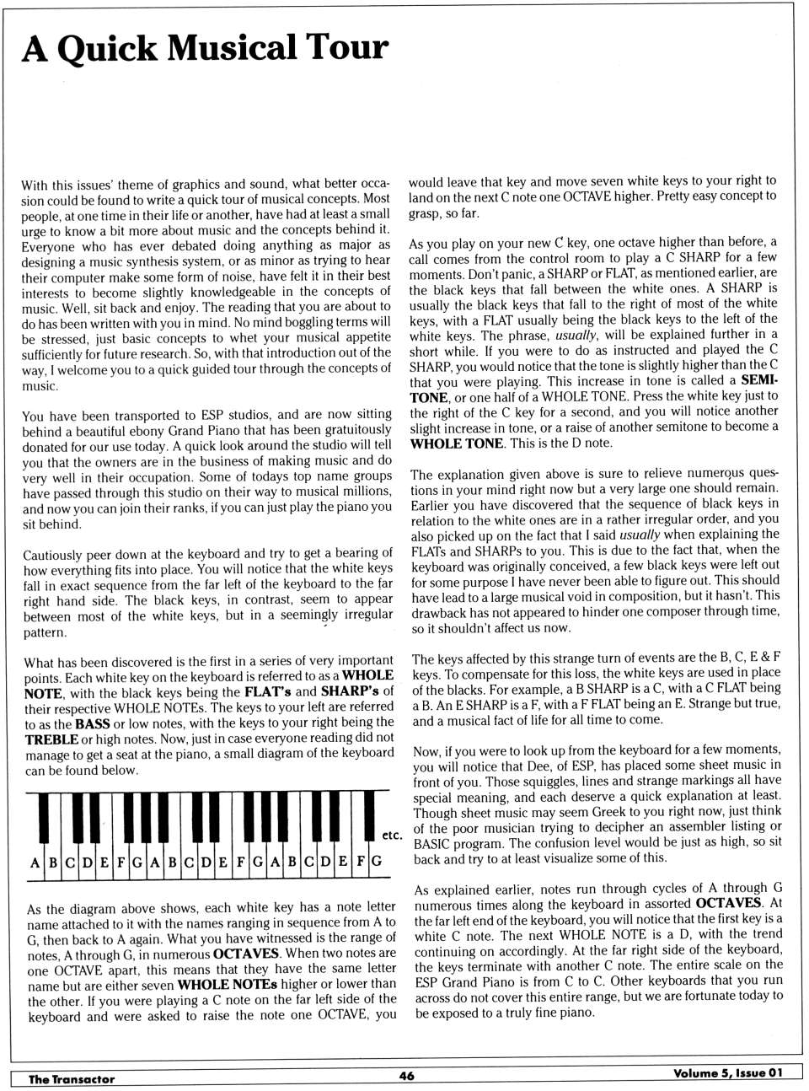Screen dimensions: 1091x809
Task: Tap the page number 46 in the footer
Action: (406, 1075)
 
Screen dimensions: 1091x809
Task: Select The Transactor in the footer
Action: (71, 1078)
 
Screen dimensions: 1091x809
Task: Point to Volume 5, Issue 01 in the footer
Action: (727, 1073)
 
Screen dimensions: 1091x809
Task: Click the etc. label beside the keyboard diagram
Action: (392, 836)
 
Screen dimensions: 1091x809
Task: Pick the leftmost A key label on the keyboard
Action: (35, 863)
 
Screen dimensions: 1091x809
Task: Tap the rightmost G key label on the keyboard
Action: (376, 862)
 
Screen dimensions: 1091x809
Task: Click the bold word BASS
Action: (93, 723)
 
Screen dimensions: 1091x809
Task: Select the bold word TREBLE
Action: (51, 739)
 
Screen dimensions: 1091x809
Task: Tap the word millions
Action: (367, 492)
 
